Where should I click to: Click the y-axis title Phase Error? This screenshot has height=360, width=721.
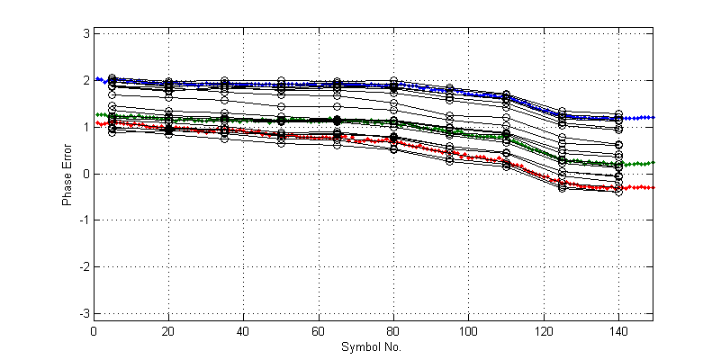(67, 173)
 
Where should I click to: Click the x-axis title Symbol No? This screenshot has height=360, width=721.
(372, 346)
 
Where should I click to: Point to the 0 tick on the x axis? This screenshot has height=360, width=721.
(94, 330)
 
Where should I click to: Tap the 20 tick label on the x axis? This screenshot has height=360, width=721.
(168, 330)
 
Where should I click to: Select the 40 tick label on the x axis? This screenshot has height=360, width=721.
(243, 330)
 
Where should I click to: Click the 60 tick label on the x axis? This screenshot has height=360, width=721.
(318, 330)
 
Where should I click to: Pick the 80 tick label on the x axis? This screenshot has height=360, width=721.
(392, 330)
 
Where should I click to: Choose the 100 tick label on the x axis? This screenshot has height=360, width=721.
(467, 330)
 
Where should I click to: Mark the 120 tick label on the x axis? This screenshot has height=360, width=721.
(542, 330)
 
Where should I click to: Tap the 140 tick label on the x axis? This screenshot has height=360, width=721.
(617, 330)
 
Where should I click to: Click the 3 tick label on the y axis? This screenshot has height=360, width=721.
(86, 33)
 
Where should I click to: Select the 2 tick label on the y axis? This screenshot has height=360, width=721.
(86, 80)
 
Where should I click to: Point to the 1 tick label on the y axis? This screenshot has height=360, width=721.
(86, 127)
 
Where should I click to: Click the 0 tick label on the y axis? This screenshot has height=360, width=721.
(86, 174)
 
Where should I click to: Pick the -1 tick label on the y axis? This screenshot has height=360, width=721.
(84, 220)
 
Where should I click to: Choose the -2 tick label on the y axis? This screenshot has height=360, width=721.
(84, 267)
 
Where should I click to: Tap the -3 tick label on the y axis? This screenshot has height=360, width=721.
(84, 313)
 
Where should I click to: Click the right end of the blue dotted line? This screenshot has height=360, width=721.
(652, 117)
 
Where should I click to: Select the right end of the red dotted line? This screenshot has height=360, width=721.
(652, 187)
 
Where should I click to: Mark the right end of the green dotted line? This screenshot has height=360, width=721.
(652, 162)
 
